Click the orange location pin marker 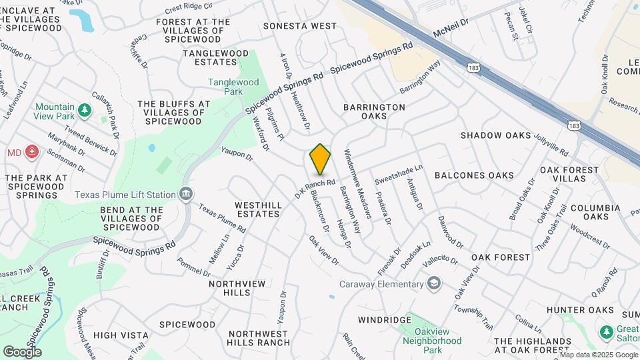tap(320, 159)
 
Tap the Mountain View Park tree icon tap(84, 109)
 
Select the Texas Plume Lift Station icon tap(186, 195)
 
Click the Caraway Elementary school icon tap(434, 285)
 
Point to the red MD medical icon tap(31, 153)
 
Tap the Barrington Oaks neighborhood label tap(374, 111)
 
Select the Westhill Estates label tap(257, 209)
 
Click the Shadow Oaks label tap(495, 135)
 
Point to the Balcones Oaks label tap(474, 175)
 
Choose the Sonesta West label tap(300, 26)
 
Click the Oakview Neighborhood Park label tap(432, 335)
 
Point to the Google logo tap(22, 351)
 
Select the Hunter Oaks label tap(580, 310)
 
